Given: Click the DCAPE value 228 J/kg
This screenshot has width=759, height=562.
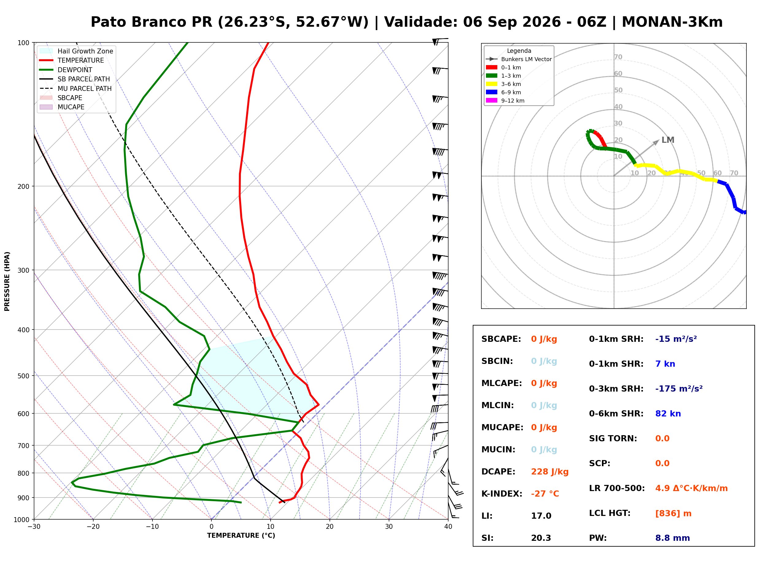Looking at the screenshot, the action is click(x=549, y=471).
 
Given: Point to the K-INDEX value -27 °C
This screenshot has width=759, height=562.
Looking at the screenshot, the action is click(x=545, y=494).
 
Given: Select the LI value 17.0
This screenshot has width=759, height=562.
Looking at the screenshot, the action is click(x=541, y=516).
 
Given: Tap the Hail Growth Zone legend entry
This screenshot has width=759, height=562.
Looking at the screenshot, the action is click(x=76, y=51).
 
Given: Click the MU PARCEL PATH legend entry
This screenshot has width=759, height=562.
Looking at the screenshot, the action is click(x=75, y=88).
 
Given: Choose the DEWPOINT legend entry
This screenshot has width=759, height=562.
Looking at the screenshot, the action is click(x=66, y=70).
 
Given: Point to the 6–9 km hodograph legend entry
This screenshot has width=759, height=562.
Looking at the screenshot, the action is click(x=503, y=92).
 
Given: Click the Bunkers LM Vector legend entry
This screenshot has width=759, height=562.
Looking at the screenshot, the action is click(x=518, y=59).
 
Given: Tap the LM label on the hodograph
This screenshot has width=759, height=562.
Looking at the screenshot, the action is click(x=668, y=140).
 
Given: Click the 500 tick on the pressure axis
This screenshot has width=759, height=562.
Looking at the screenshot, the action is click(x=23, y=376).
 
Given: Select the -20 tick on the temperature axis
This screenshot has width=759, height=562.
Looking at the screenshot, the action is click(x=93, y=527).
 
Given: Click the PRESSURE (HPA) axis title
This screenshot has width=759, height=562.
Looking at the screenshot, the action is click(x=7, y=281).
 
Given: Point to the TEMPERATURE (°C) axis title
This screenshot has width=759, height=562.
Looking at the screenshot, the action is click(x=241, y=536).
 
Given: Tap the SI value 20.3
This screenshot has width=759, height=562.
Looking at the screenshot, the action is click(x=541, y=538).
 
